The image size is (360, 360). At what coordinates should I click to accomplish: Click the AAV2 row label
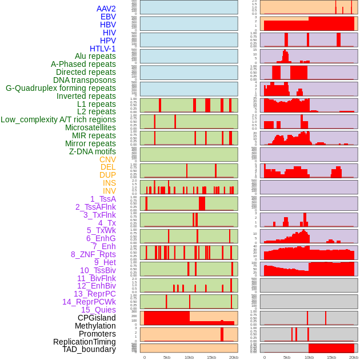[x=106, y=9]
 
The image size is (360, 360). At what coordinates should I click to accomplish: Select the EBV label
[x=108, y=17]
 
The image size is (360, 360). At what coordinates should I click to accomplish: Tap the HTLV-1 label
[x=103, y=49]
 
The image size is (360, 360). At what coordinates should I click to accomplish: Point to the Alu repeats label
[x=95, y=56]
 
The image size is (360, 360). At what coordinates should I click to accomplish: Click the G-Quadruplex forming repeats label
[x=61, y=88]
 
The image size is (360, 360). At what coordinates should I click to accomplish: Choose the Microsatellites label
[x=90, y=127]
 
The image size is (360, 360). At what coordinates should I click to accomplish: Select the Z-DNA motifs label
[x=93, y=151]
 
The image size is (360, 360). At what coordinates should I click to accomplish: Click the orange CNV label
[x=107, y=159]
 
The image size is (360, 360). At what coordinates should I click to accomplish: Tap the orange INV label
[x=109, y=191]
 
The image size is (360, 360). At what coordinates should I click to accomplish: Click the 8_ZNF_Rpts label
[x=93, y=254]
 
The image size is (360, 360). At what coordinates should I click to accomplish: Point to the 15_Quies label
[x=98, y=310]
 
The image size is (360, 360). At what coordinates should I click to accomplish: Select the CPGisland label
[x=97, y=318]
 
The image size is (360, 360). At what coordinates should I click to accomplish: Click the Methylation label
[x=95, y=326]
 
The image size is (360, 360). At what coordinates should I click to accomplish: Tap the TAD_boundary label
[x=89, y=349]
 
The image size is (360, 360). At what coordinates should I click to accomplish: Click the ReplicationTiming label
[x=85, y=342]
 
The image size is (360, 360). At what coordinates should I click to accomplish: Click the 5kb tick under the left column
[x=167, y=357]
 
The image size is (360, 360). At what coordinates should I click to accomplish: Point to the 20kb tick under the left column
[x=234, y=357]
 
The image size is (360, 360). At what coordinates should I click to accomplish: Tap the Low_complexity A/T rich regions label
[x=58, y=119]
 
